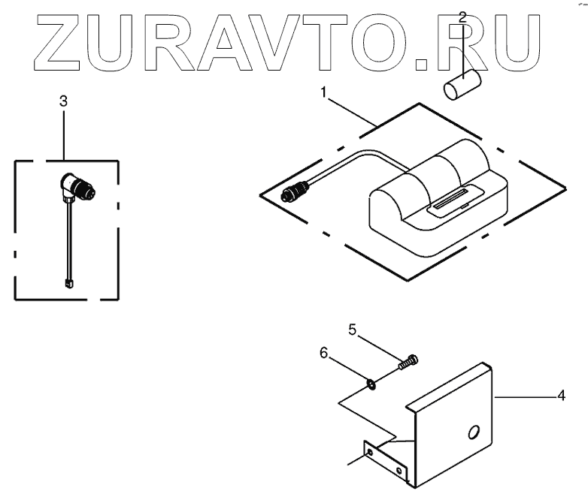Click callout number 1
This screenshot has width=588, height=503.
coord(323,92)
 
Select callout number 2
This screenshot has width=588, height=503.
coord(463,16)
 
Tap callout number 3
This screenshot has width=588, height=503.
coord(63,101)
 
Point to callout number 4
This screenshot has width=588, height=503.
coord(561,396)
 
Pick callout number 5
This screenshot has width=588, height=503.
coord(351,329)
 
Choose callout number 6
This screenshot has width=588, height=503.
coord(324,351)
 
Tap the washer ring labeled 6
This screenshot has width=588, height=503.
coord(371,384)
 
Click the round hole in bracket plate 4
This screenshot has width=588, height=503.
coord(472,433)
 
